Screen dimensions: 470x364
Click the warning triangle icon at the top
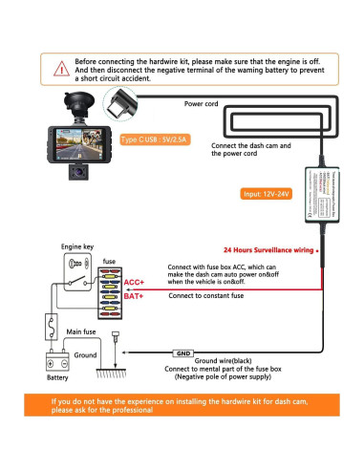click(x=58, y=68)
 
